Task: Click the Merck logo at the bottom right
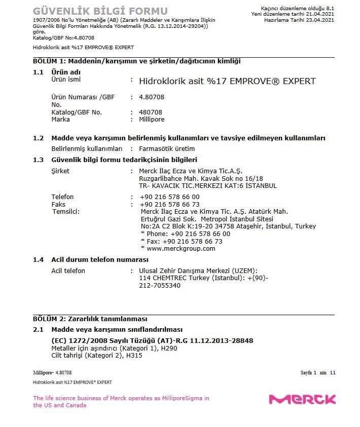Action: coord(302,400)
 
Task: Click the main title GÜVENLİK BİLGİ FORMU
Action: coord(100,11)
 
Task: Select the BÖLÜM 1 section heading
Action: coord(136,61)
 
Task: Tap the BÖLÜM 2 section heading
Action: coord(90,319)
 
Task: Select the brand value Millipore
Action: coord(152,120)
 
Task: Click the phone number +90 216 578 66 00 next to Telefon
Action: coord(169,197)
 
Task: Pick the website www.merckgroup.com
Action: coord(181,249)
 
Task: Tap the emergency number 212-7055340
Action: coord(159,286)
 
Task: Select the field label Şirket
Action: coord(60,171)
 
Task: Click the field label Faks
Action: coord(58,204)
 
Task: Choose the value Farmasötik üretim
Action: coord(167,149)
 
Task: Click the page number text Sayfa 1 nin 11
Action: coord(318,373)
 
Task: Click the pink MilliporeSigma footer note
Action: coord(121,402)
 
